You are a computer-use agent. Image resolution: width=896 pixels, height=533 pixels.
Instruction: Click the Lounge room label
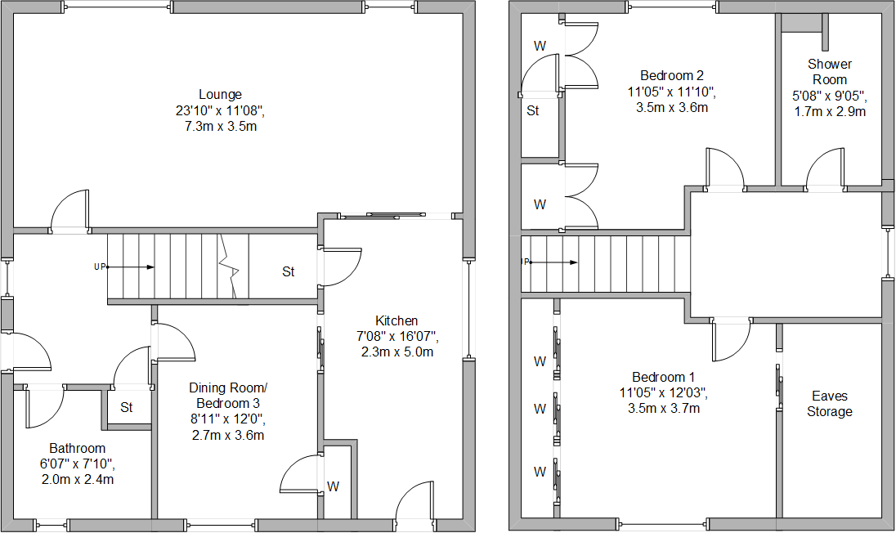point(220,94)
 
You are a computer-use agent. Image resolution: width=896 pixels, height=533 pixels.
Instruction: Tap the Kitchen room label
point(396,320)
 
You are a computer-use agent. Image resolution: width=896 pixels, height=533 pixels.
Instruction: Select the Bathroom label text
point(78,448)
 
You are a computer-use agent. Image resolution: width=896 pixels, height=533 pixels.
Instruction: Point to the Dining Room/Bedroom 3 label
point(228,395)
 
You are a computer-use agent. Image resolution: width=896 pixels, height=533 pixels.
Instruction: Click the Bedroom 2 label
point(661,75)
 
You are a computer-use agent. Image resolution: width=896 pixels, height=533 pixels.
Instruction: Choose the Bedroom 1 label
point(663,377)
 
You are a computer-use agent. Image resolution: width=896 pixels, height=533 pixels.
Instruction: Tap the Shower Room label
point(830,71)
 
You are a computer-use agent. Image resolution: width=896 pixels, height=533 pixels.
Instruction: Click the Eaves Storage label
point(830,403)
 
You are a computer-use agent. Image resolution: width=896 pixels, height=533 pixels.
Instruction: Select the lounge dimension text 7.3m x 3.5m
point(220,127)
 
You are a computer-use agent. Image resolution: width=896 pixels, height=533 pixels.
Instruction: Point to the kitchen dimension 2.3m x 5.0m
point(396,352)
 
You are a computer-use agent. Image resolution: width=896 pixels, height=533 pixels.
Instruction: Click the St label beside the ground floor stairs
point(289,271)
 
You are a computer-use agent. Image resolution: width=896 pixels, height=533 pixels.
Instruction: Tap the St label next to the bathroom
point(127,407)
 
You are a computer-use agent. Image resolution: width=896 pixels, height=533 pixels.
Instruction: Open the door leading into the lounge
point(70,211)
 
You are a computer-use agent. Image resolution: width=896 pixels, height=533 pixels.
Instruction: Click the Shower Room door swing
point(826,169)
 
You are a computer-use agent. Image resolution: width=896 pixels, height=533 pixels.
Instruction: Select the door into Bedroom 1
point(731,339)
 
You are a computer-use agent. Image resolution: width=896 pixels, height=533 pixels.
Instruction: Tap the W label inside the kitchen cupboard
point(334,486)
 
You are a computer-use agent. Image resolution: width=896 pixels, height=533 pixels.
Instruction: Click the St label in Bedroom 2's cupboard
point(533,110)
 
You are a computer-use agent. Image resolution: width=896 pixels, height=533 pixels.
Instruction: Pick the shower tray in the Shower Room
point(802,22)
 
